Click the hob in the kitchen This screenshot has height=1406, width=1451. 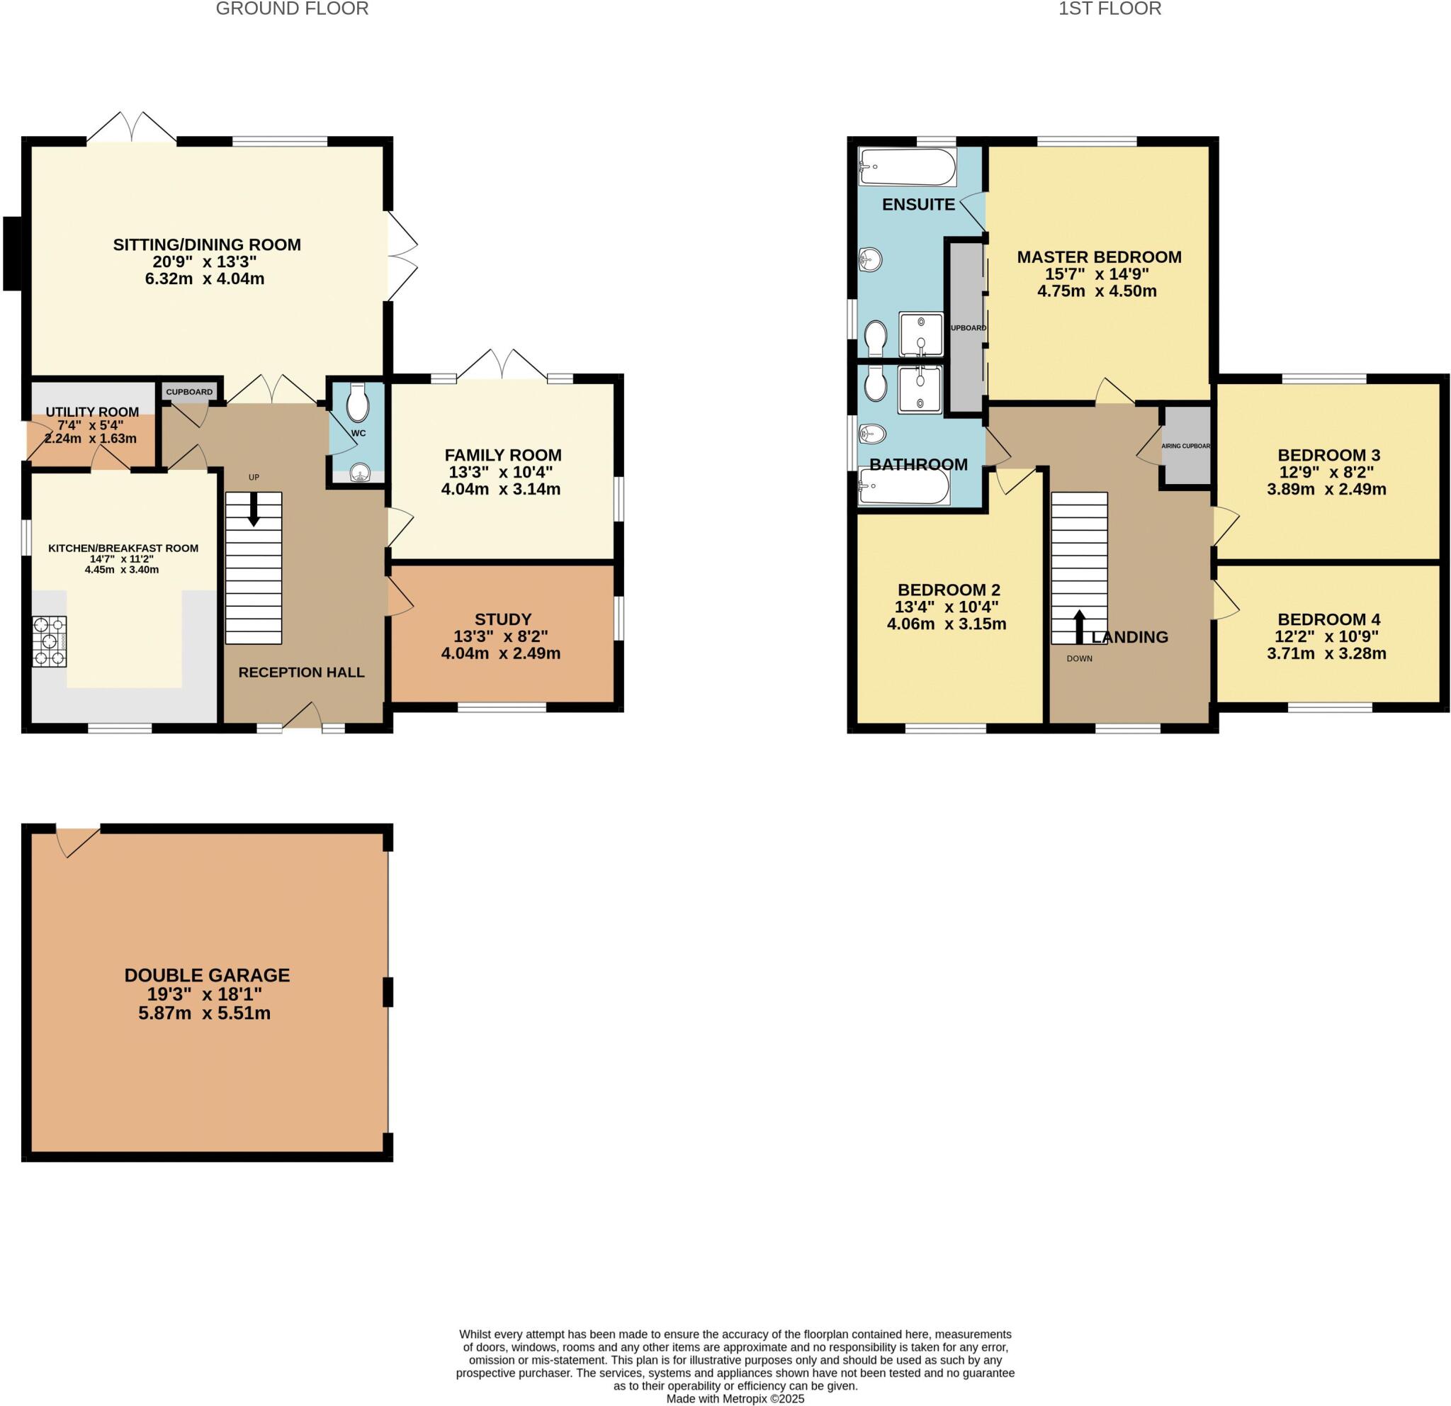point(50,641)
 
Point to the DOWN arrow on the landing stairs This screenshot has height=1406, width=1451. point(1079,626)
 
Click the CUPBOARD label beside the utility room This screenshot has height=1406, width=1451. point(189,392)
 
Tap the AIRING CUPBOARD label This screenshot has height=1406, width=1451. point(1185,446)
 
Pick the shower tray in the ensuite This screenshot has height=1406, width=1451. point(921,334)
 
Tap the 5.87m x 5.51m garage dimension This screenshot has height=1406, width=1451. point(204,1013)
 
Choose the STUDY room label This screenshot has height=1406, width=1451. point(502,619)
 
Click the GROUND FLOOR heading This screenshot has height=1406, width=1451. point(292,9)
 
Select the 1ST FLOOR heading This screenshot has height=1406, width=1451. point(1110,9)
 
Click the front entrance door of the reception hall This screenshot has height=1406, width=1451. point(302,716)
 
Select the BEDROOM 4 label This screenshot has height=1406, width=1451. point(1329,619)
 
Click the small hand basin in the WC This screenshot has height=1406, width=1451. point(358,471)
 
